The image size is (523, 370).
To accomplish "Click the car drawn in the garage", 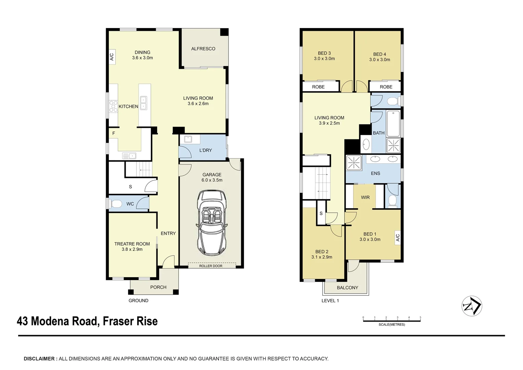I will click(211, 223).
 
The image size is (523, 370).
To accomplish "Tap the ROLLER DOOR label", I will click(211, 266).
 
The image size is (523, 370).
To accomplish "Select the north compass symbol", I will click(472, 306).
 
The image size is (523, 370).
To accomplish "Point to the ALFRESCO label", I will click(203, 49).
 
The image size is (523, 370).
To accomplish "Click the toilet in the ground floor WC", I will click(116, 204).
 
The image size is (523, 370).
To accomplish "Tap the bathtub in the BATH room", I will click(393, 123).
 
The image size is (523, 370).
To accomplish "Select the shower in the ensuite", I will click(354, 163).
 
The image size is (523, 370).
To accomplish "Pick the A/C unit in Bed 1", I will click(397, 237).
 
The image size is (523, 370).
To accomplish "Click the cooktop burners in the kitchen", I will click(113, 106).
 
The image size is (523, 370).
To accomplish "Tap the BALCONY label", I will click(347, 288).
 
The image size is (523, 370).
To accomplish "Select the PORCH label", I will click(158, 287).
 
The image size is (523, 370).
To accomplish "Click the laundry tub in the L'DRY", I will click(188, 139).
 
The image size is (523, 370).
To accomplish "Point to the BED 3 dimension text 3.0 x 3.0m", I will click(324, 59).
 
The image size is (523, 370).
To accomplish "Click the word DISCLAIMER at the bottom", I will click(39, 359).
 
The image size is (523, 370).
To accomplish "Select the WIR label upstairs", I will click(365, 197).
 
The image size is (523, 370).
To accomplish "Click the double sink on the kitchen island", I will click(143, 103).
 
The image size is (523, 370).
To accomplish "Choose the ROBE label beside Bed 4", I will click(386, 87).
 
